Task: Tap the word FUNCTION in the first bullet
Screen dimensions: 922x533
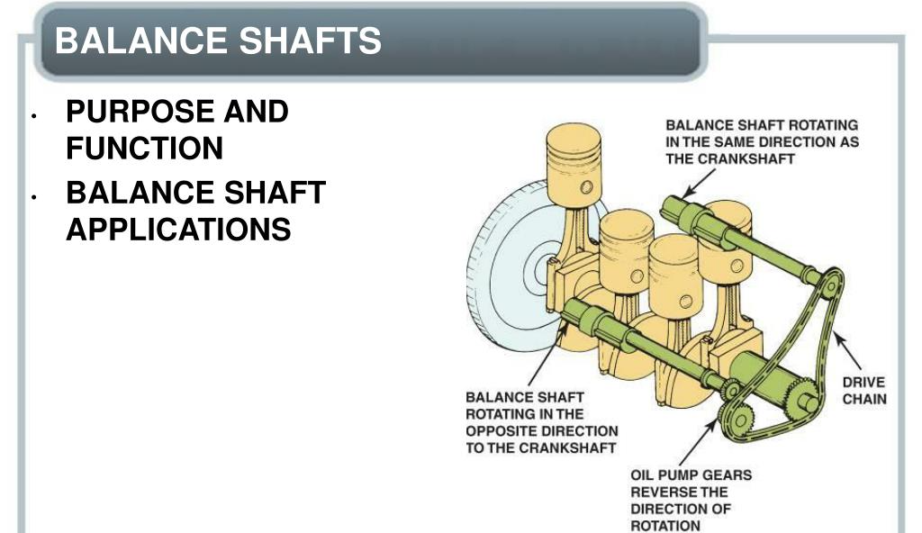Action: click(x=145, y=148)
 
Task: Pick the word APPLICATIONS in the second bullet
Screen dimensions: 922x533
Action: click(x=179, y=229)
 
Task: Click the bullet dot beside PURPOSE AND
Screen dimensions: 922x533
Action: click(x=34, y=116)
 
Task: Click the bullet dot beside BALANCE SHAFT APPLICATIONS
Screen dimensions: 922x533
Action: click(x=34, y=197)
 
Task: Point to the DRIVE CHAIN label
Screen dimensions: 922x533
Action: click(x=863, y=390)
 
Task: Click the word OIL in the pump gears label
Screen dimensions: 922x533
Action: click(x=642, y=474)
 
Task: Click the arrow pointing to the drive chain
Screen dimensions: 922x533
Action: click(x=846, y=350)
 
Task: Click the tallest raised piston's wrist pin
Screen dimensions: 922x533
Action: click(x=586, y=187)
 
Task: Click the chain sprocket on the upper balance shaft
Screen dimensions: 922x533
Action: click(x=831, y=286)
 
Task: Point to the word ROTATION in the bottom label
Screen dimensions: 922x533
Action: click(x=665, y=526)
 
